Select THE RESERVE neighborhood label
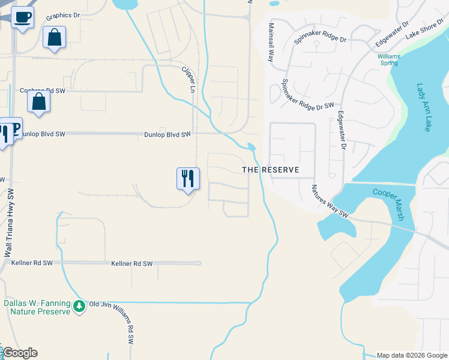click(271, 170)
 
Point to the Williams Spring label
click(388, 59)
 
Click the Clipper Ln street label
click(188, 79)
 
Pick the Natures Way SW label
click(330, 200)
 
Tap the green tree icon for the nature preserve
click(79, 307)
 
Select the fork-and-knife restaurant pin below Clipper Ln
click(188, 178)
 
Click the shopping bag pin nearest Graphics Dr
click(54, 37)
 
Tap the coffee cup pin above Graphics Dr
click(22, 17)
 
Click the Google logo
click(20, 353)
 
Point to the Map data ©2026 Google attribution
click(411, 355)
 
